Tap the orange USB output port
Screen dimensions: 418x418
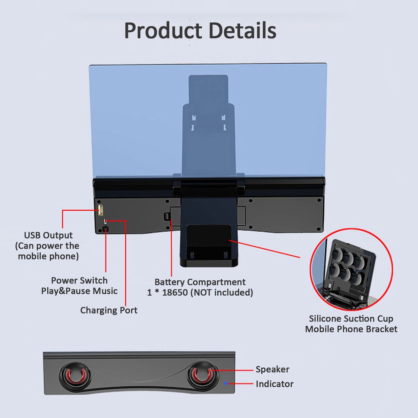coord(100,210)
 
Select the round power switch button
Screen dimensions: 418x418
coord(106,229)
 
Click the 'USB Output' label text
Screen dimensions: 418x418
coord(48,235)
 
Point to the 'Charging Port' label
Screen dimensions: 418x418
coord(109,310)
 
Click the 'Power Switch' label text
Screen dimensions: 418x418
coord(79,280)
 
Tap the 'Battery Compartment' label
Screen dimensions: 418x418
coord(200,282)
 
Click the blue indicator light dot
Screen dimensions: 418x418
coord(226,384)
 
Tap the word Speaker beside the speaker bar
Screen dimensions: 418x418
coord(272,369)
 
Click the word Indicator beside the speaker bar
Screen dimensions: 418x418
coord(274,384)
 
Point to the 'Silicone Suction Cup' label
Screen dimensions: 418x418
coord(351,319)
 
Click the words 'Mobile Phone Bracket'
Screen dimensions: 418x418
coord(351,329)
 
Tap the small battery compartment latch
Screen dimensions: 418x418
coord(167,216)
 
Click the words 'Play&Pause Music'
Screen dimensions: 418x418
coord(79,291)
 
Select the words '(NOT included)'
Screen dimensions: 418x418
coord(222,293)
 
